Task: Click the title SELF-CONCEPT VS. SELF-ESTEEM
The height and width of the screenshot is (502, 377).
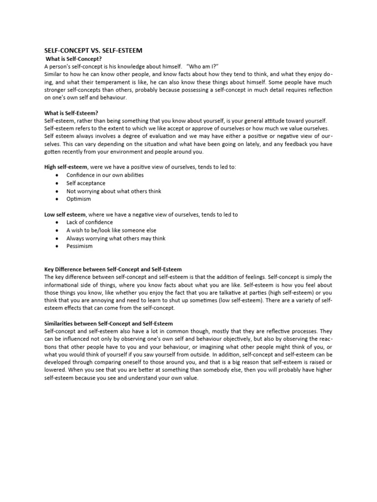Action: coord(93,50)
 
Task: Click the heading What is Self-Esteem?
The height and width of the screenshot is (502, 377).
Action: coord(71,113)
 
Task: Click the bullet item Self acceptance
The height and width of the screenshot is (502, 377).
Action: coord(86,183)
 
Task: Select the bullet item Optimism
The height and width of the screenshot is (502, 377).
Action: coord(79,199)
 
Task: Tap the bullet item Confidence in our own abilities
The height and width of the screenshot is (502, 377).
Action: coord(105,175)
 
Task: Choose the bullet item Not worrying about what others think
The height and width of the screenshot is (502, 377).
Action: coord(114,191)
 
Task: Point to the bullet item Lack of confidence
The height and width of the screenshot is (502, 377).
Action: coord(89,223)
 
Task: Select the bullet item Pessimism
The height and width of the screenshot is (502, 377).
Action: coord(80,246)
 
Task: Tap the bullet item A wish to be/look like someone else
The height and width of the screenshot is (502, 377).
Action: coord(111,230)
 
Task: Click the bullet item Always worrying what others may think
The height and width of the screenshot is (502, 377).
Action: coord(116,238)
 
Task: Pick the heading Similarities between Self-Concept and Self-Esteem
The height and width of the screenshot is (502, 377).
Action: coord(108,324)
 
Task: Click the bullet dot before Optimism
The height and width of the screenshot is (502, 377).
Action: coord(58,199)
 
